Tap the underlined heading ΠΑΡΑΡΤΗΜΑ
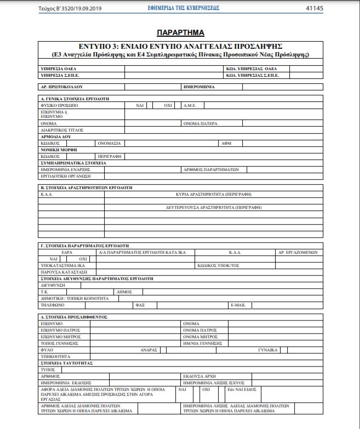180,33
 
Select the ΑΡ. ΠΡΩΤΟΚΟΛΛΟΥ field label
61,87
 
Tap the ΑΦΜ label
226,142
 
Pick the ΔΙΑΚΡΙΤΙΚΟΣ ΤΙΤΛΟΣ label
62,130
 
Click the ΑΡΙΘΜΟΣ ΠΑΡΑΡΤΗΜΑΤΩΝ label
211,169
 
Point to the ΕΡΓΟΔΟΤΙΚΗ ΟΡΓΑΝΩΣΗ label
65,176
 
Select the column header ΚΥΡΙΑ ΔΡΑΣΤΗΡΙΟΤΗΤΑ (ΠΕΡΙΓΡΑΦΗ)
214,194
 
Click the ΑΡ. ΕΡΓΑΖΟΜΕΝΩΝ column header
297,252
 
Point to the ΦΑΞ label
140,304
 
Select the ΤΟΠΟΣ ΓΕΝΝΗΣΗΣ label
57,342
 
